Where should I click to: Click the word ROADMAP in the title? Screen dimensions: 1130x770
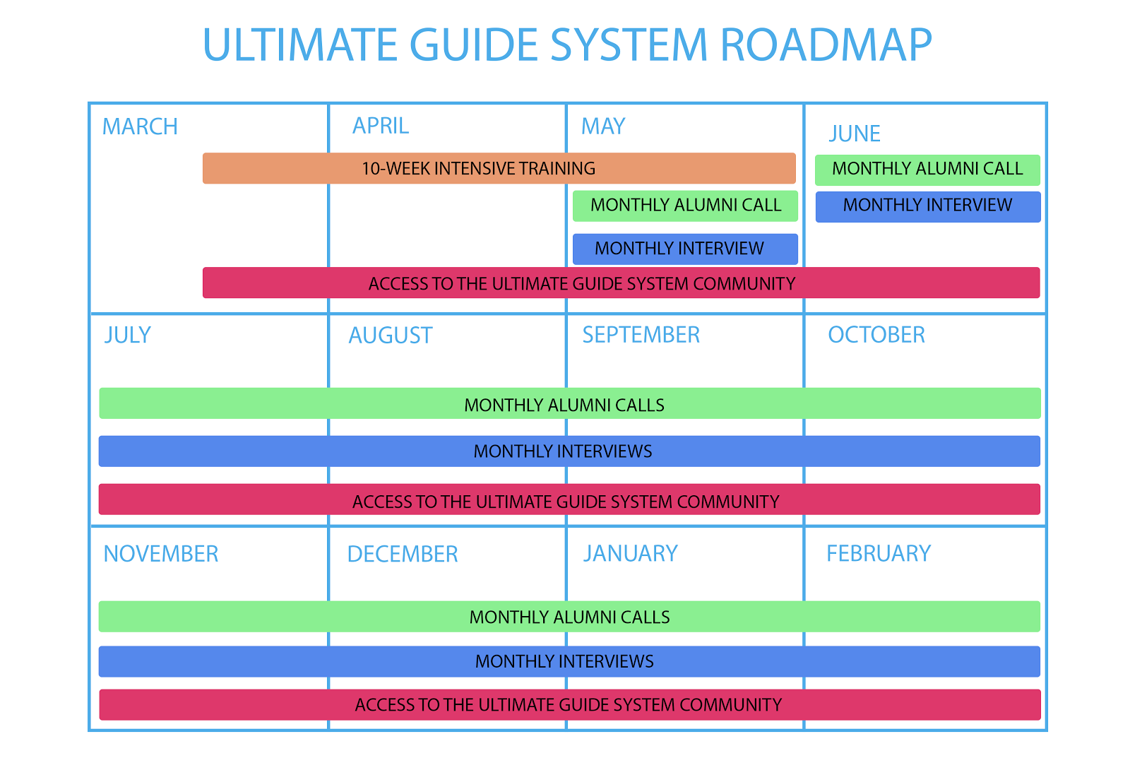click(x=826, y=45)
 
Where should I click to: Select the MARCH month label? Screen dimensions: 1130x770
click(x=140, y=126)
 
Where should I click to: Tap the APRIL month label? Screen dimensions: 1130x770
click(x=381, y=126)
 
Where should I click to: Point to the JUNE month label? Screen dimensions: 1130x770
click(x=855, y=134)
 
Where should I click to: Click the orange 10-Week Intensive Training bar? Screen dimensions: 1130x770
click(x=499, y=168)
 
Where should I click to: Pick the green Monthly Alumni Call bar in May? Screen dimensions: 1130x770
click(x=685, y=206)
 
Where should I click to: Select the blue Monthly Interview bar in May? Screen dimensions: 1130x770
click(x=685, y=249)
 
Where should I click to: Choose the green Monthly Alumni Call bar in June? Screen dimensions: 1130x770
click(x=927, y=170)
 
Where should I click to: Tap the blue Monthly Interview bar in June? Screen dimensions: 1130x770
click(x=928, y=207)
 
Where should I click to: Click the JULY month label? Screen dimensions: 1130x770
click(x=128, y=335)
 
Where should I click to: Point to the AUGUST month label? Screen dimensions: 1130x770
click(x=391, y=336)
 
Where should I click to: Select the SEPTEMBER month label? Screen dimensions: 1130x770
click(x=641, y=335)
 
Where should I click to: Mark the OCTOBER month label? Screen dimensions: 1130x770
click(x=876, y=335)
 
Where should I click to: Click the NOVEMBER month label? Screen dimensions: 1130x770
click(x=161, y=554)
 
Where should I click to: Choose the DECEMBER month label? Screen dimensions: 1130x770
click(x=403, y=554)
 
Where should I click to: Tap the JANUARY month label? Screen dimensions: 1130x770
click(x=631, y=554)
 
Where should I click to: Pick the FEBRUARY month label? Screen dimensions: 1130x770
click(x=879, y=554)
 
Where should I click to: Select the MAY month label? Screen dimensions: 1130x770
click(x=603, y=126)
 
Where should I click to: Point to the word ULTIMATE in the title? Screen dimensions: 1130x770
click(x=301, y=45)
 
